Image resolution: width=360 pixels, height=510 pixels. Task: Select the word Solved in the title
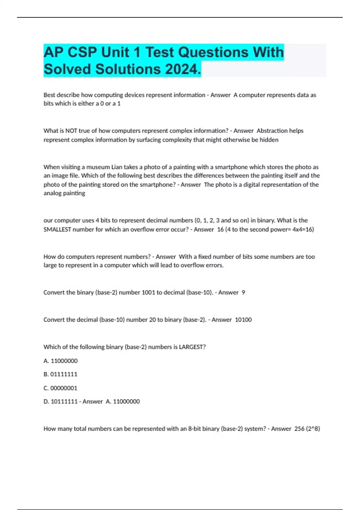coord(67,69)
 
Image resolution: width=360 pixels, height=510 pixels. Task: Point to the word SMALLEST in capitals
coord(57,229)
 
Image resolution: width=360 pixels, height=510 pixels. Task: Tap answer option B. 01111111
coord(60,374)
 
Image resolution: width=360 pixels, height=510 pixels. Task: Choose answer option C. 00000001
coord(60,388)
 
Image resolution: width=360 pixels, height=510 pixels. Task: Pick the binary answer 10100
coord(243,319)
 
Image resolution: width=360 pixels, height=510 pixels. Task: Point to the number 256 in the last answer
coord(299,429)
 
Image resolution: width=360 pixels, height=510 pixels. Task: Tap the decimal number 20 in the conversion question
coord(152,319)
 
